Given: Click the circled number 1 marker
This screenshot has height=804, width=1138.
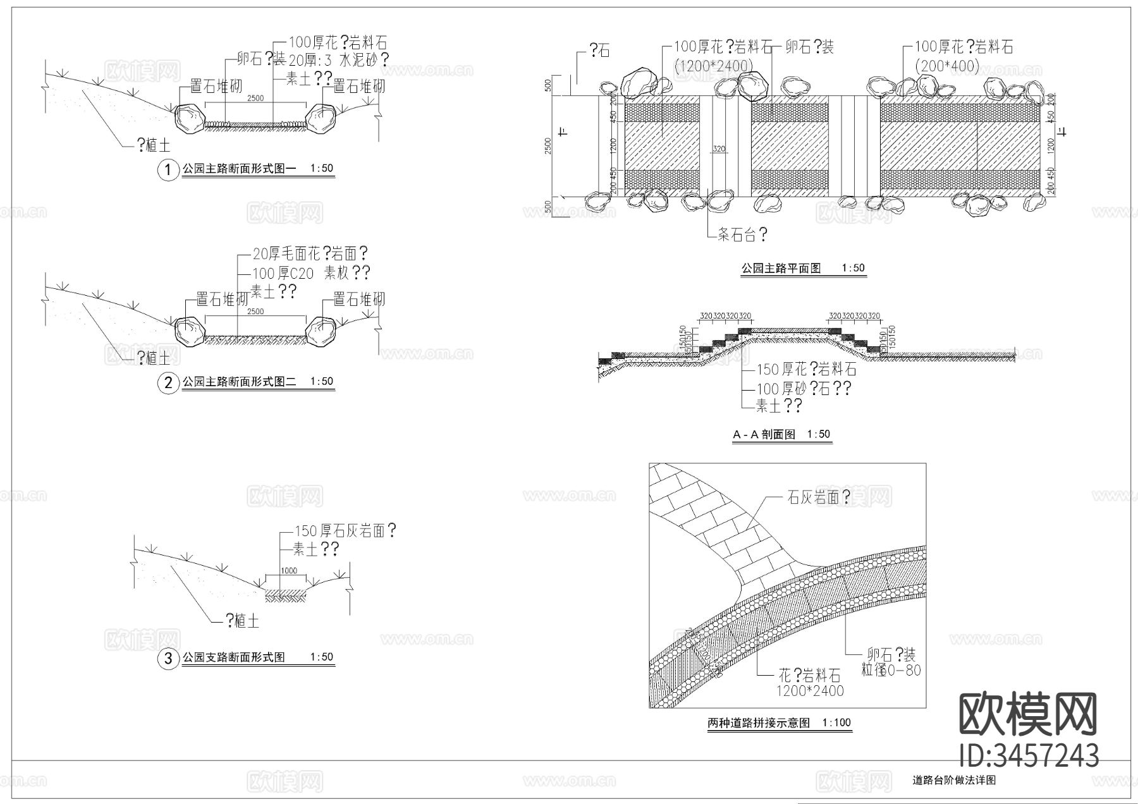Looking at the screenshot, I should [x=168, y=170].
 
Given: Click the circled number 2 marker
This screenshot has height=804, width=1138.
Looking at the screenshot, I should [x=168, y=383].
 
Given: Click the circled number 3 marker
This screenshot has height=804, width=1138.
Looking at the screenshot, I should [x=168, y=659].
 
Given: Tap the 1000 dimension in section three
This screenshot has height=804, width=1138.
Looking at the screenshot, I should [x=288, y=570].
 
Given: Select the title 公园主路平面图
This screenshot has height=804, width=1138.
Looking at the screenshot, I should [x=781, y=269].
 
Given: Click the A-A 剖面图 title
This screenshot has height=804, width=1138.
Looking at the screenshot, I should [x=764, y=435].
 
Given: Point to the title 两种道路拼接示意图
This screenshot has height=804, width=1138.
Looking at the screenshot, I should [x=758, y=723].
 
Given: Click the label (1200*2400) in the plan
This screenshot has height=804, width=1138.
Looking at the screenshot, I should [x=713, y=66].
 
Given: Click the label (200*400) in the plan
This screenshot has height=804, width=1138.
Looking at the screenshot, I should [x=947, y=66].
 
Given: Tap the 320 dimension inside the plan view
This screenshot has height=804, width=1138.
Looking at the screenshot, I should [x=719, y=150].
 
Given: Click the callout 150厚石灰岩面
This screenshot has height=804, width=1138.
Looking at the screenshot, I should [x=345, y=530].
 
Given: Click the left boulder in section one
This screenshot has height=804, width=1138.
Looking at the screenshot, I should [x=188, y=119].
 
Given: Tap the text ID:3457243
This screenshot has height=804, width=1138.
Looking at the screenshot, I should [x=1029, y=755].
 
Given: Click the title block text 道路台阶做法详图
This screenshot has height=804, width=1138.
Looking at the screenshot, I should [x=954, y=781].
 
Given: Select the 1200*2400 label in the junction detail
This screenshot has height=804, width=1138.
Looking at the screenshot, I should [x=801, y=691].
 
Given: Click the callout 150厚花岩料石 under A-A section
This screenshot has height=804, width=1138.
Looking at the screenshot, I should [x=806, y=369].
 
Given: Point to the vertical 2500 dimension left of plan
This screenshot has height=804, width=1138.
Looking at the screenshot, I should [x=548, y=145].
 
